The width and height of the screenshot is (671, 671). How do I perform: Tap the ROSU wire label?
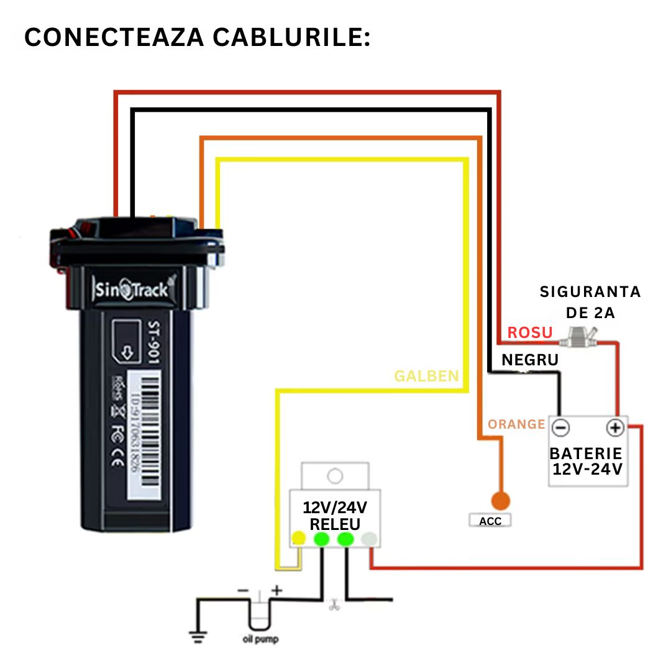point(529,333)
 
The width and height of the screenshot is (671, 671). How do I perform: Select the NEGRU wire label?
point(530,360)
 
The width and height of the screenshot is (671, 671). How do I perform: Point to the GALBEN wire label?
point(426,376)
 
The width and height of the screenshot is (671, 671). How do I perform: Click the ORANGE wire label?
point(516,424)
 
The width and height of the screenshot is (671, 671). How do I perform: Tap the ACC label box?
point(490,521)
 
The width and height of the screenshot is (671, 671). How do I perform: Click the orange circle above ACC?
point(500,500)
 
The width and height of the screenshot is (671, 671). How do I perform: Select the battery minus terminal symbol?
point(560,428)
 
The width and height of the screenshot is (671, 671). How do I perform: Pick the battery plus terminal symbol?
point(614,428)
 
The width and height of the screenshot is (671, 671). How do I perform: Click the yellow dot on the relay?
point(299,538)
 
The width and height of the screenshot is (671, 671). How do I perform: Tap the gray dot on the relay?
point(369,539)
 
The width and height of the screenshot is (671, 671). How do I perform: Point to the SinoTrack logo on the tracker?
point(131,289)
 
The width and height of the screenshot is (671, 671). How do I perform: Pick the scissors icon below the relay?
point(334,603)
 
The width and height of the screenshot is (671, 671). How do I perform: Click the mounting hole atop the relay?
point(335,477)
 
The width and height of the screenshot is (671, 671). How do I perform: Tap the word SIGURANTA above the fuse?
point(590,291)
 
